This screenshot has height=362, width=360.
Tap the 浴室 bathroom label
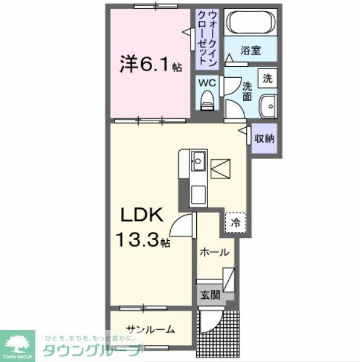coord(251,50)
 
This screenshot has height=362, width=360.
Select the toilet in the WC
coord(207,102)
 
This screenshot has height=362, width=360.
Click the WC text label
coord(207,83)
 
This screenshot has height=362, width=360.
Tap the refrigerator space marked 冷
coord(236,222)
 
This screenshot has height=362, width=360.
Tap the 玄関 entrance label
coord(211,295)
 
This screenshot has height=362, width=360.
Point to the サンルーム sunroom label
coord(150,329)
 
